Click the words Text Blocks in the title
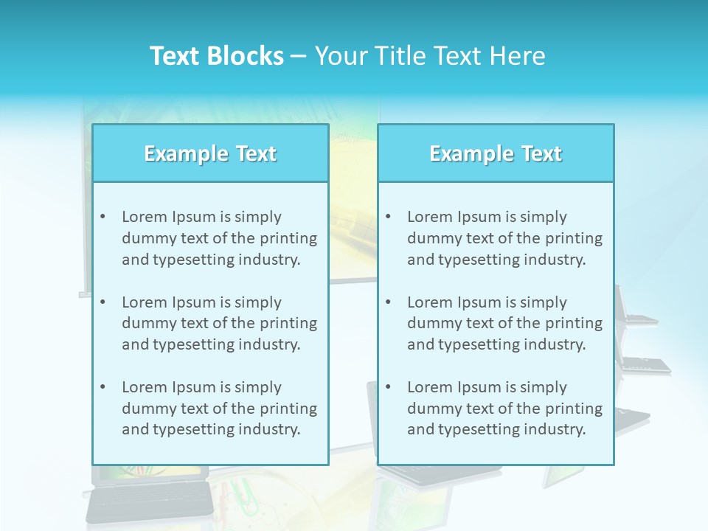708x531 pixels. click(216, 56)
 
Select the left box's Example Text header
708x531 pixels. click(210, 153)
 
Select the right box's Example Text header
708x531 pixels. click(496, 153)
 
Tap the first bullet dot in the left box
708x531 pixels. click(103, 217)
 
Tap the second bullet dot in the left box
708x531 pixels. click(103, 302)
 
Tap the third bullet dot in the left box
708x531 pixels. click(103, 387)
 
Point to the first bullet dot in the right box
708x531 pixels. click(388, 217)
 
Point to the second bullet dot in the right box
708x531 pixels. click(388, 302)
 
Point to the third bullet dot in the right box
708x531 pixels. click(388, 387)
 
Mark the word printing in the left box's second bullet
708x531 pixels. click(289, 323)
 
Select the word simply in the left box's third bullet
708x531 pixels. click(258, 387)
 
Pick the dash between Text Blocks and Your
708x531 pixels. click(299, 57)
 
